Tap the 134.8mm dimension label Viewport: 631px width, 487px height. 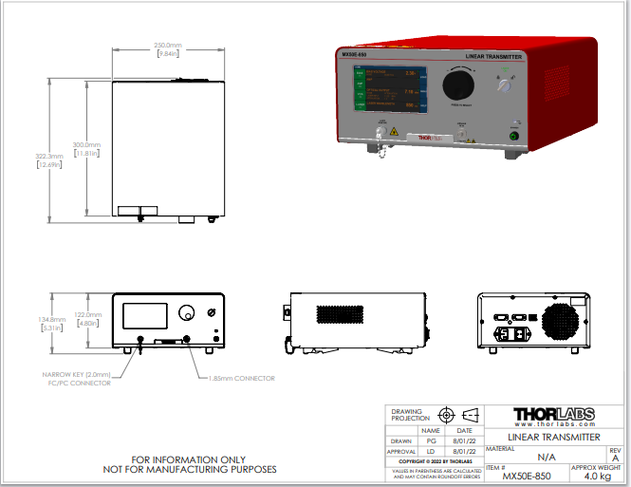click(50, 320)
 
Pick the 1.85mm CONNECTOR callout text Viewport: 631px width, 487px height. click(242, 378)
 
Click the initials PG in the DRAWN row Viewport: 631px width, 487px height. click(431, 441)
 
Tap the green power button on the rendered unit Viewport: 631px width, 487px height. click(513, 136)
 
